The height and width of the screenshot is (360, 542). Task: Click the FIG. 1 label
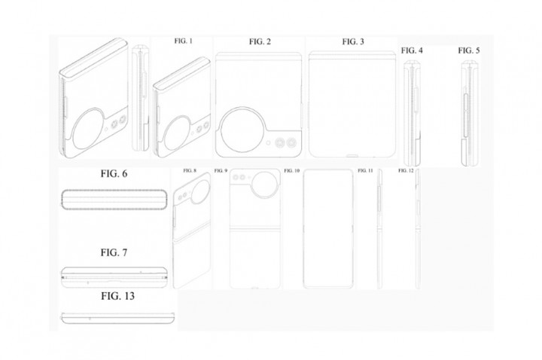pos(183,41)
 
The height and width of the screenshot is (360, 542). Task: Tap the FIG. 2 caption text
pos(260,42)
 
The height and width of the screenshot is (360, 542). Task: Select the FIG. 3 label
pos(353,42)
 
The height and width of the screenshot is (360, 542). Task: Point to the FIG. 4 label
pos(412,50)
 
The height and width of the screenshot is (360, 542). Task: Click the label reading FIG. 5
pos(469,50)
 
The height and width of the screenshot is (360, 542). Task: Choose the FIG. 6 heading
pos(114,174)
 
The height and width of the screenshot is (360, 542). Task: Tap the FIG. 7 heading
pos(114,253)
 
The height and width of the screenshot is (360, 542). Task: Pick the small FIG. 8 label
pos(190,170)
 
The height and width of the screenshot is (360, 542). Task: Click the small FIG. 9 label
pos(221,170)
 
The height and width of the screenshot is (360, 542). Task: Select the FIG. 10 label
pos(292,170)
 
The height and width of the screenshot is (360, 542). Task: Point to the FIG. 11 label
pos(365,170)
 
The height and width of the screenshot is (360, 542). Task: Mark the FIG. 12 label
pos(406,170)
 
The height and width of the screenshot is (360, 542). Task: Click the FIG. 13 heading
pos(118,296)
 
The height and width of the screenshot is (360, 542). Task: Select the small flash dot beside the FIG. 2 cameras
pos(268,142)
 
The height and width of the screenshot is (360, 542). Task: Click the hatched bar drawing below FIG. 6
pos(114,200)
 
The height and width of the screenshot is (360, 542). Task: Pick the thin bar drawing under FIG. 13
pos(118,318)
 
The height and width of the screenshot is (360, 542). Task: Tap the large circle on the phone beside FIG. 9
pos(265,183)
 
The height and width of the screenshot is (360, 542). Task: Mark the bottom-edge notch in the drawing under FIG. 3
pos(352,157)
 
